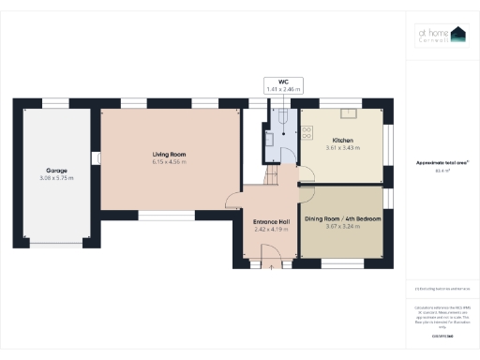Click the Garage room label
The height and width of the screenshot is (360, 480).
click(x=56, y=171)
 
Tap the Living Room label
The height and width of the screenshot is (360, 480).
click(x=170, y=154)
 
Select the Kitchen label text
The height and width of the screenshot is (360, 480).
click(x=342, y=140)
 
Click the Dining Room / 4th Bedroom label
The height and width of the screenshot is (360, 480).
click(x=342, y=217)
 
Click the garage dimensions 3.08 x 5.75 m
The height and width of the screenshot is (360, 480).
click(x=56, y=178)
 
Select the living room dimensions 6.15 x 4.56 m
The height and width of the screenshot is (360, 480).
click(x=170, y=161)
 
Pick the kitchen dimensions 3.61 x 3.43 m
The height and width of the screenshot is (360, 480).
click(x=342, y=147)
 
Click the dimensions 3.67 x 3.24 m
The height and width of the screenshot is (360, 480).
click(x=342, y=225)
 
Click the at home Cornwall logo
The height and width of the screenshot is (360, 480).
click(x=442, y=36)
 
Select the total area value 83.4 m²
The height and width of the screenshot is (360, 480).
click(x=441, y=172)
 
